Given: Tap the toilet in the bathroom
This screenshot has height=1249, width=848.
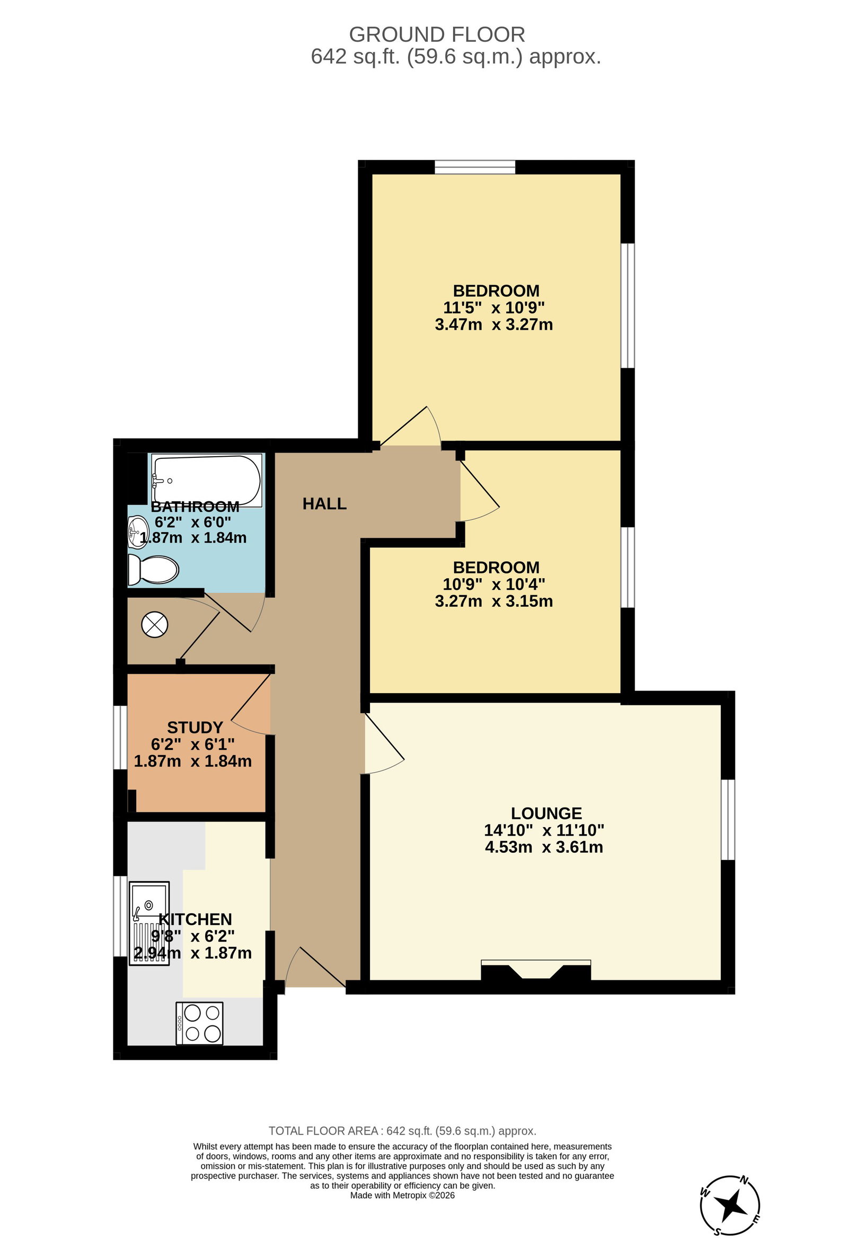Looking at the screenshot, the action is pyautogui.click(x=153, y=570).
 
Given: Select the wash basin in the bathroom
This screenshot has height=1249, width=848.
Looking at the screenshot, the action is pyautogui.click(x=138, y=532).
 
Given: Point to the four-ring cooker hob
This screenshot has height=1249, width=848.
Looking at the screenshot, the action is pyautogui.click(x=199, y=1023).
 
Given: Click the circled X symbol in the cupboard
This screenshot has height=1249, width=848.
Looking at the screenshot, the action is pyautogui.click(x=155, y=625).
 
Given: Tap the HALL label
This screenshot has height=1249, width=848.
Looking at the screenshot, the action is pyautogui.click(x=324, y=503).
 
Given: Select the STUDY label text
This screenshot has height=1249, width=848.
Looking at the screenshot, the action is pyautogui.click(x=195, y=727).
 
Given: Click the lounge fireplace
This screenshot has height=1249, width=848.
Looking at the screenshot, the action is pyautogui.click(x=536, y=972).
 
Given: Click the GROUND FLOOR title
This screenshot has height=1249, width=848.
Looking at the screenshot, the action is pyautogui.click(x=437, y=34).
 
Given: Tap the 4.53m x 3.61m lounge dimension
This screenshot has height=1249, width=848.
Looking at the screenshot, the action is pyautogui.click(x=544, y=847).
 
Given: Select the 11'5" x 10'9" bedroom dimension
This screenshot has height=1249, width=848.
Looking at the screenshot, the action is pyautogui.click(x=494, y=307).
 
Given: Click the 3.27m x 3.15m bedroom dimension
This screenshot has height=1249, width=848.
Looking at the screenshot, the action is pyautogui.click(x=494, y=601).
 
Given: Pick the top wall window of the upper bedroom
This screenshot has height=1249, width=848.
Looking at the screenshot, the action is pyautogui.click(x=475, y=167).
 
